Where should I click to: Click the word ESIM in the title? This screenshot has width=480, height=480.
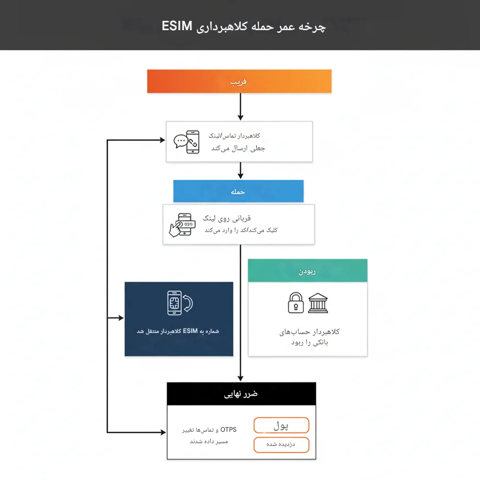pos(177,26)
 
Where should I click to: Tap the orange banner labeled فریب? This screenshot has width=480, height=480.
pos(239,81)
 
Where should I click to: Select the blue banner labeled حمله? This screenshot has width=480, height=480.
pos(238,191)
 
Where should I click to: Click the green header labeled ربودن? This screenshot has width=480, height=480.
pos(307,270)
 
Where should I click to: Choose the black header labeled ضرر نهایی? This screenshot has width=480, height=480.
pos(241,394)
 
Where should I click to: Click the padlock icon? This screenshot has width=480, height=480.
pos(296,302)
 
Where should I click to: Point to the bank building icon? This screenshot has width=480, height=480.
pos(318,303)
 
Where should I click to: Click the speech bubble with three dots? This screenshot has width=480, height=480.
pos(180,141)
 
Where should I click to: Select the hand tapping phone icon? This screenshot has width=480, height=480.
pos(182,225)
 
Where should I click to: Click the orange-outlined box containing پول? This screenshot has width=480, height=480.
pos(281,425)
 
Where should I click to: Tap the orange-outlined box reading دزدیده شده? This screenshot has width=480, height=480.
pos(281,444)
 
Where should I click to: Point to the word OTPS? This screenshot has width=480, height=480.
pos(228,430)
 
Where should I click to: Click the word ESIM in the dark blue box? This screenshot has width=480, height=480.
pos(190,331)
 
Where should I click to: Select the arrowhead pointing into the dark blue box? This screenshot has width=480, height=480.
pos(121,318)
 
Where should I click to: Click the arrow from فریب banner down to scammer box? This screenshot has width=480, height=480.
pos(240,106)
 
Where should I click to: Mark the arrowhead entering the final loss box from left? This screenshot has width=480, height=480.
pos(163,432)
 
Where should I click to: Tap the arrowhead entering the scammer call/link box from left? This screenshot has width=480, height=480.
pos(162,140)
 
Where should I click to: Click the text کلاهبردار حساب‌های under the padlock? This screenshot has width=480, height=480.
pos(309,332)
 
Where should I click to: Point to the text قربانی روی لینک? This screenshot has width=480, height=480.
pos(227,218)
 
